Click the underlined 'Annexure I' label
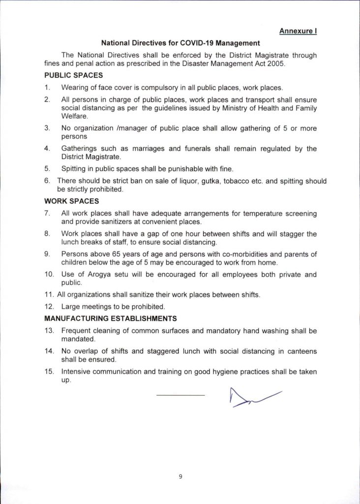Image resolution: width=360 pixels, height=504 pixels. point(298,31)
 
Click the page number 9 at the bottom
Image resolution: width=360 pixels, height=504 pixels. point(180,476)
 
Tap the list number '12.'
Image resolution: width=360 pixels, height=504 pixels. point(49,307)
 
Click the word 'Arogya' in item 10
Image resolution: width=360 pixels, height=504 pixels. point(93,274)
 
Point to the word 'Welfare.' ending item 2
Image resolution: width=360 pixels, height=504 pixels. point(74,116)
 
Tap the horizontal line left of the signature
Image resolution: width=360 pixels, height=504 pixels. point(180,395)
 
